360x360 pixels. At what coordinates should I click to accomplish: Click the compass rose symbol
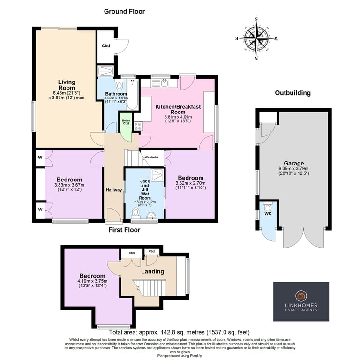click(256, 38)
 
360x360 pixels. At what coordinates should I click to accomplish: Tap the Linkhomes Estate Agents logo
click(301, 301)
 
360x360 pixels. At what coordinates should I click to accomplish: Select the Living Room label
click(67, 85)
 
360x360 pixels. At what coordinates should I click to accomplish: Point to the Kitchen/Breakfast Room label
click(178, 109)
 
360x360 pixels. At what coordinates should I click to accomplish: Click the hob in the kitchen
click(138, 126)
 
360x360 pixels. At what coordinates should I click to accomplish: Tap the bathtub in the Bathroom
click(132, 94)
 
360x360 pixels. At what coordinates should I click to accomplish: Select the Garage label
click(294, 163)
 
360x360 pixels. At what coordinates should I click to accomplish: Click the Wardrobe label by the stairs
click(151, 157)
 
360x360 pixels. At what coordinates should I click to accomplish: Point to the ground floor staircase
click(135, 158)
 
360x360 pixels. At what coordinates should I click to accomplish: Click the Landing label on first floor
click(152, 271)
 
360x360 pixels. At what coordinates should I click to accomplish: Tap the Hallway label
click(114, 190)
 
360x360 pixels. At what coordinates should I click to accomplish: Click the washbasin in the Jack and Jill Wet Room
click(151, 215)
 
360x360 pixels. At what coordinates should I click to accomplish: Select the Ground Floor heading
click(124, 11)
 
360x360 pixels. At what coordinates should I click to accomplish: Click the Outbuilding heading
click(292, 93)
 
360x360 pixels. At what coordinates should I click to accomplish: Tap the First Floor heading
click(124, 230)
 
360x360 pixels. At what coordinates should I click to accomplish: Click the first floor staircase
click(149, 287)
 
